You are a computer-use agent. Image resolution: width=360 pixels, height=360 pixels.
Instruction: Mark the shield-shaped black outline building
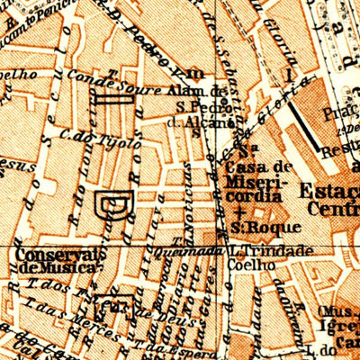(115, 204)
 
